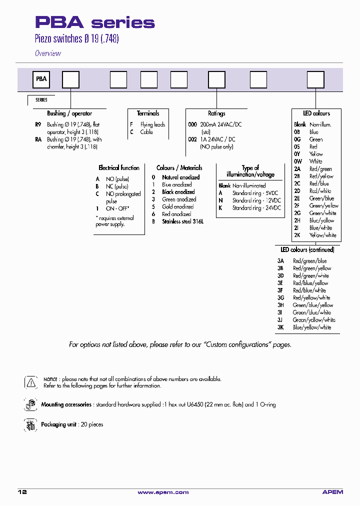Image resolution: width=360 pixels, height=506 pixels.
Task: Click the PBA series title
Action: click(x=94, y=22)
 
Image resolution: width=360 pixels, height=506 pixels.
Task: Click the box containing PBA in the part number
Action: click(x=41, y=79)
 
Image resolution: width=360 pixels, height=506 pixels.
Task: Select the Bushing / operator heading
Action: click(x=69, y=113)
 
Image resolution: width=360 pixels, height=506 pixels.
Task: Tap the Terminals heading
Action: click(x=148, y=113)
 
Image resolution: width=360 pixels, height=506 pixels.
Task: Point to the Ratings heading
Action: click(x=216, y=113)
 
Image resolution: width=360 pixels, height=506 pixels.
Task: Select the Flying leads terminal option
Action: click(x=152, y=124)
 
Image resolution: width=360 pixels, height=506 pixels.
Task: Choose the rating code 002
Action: click(x=192, y=139)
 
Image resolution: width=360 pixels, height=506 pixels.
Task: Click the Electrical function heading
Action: click(x=119, y=168)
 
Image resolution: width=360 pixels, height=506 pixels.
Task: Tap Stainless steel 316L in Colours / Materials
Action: click(x=182, y=221)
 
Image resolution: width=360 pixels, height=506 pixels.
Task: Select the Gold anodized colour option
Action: click(x=177, y=206)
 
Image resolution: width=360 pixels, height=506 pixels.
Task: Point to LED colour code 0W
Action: click(x=297, y=161)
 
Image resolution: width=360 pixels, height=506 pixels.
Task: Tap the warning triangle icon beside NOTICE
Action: click(x=30, y=382)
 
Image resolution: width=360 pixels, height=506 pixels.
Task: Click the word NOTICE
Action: click(x=50, y=379)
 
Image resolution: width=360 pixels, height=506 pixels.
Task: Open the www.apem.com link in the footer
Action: click(x=163, y=492)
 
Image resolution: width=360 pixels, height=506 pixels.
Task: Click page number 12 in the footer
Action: click(x=22, y=492)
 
